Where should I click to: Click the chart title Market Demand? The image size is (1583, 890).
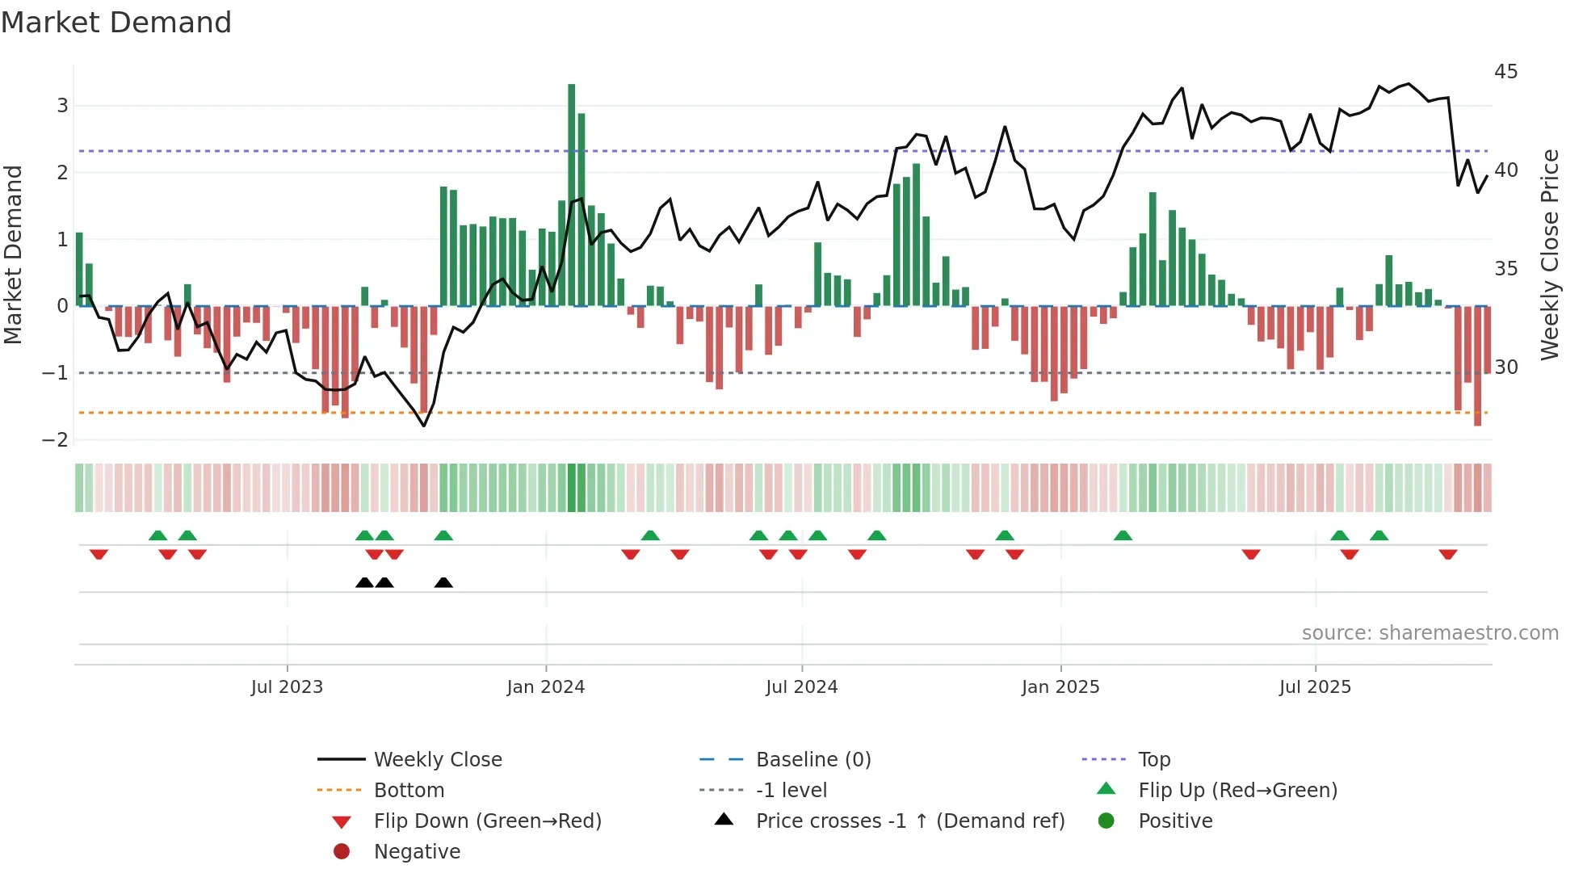(116, 23)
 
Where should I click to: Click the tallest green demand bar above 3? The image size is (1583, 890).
(572, 194)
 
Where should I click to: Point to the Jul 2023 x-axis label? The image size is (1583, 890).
(287, 687)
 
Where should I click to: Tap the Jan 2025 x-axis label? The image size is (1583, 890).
(1060, 687)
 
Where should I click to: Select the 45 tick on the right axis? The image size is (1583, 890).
(1505, 72)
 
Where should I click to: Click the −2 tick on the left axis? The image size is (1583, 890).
(55, 440)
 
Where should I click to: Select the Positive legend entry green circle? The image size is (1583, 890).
(1106, 821)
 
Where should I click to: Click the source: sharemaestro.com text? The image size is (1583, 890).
(1430, 633)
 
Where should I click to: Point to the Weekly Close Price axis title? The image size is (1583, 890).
(1549, 254)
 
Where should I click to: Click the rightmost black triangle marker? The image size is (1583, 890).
(443, 582)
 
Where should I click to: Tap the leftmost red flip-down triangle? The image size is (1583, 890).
(99, 554)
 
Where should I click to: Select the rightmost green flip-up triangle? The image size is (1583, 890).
(1379, 535)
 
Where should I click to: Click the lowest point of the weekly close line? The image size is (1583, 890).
(424, 426)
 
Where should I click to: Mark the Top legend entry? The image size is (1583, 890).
(1153, 760)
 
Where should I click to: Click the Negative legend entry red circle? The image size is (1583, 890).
(342, 852)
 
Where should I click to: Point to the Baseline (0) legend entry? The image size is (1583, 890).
(812, 760)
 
